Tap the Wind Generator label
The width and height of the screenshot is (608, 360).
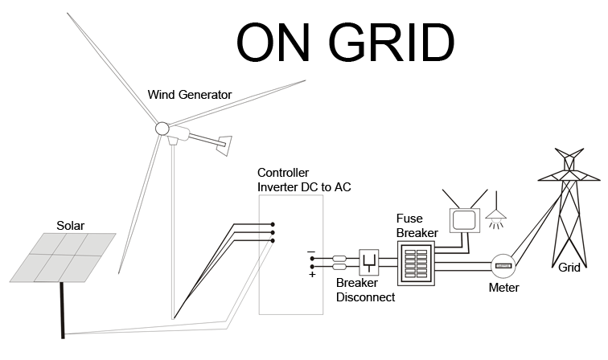tap(190, 95)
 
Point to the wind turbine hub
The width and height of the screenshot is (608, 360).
tap(162, 128)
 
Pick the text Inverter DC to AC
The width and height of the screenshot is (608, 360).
tap(304, 187)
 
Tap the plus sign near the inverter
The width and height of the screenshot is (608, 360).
tap(311, 274)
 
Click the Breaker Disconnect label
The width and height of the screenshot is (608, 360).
tap(365, 290)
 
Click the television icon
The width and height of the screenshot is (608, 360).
tap(463, 218)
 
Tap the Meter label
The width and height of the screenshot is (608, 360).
tap(503, 288)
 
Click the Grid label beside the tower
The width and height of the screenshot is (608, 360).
tap(569, 268)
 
